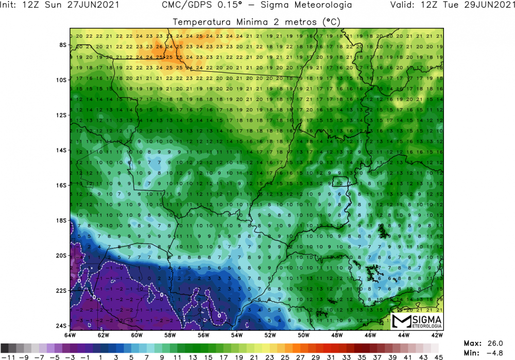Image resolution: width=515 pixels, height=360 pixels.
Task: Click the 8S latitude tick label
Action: click(63, 45)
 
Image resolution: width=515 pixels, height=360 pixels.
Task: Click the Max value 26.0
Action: click(498, 343)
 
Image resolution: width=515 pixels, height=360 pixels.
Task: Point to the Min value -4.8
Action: click(497, 353)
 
